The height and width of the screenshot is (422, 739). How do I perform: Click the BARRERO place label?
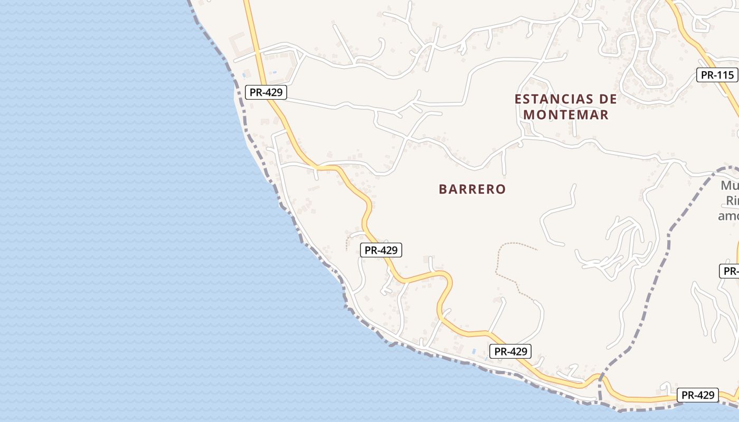472,189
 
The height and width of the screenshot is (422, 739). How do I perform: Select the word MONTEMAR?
566,114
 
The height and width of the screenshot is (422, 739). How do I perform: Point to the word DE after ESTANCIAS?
607,99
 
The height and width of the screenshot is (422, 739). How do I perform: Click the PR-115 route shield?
717,75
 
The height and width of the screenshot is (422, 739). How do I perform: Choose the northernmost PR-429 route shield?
266,92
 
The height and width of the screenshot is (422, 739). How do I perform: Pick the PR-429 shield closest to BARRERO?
381,250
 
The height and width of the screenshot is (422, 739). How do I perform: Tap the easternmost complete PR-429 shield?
698,395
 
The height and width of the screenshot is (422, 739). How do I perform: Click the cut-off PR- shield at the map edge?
729,271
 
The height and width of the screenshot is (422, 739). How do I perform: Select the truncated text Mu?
729,186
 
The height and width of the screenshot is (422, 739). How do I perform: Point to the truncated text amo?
728,216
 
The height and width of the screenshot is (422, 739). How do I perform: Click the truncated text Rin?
732,201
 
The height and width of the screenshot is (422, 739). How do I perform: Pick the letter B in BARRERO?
442,189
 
